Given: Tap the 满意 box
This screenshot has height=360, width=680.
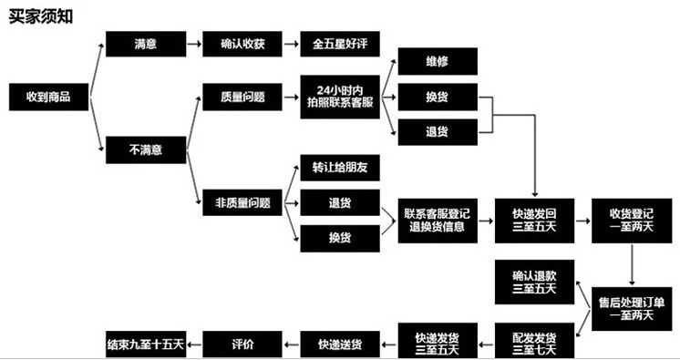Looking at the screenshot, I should (x=145, y=43).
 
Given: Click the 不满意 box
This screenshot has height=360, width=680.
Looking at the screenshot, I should (x=147, y=148).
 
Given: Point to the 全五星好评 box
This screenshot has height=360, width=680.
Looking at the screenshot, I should (x=338, y=43).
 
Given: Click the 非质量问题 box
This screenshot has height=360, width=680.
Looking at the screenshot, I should (x=242, y=203).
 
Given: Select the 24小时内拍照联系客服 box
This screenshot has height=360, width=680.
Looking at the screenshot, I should (x=338, y=95).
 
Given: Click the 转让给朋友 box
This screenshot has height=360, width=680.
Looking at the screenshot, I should (x=338, y=168).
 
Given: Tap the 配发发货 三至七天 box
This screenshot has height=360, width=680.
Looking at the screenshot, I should (x=533, y=341).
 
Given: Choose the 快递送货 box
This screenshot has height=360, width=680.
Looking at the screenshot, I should (x=340, y=344).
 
